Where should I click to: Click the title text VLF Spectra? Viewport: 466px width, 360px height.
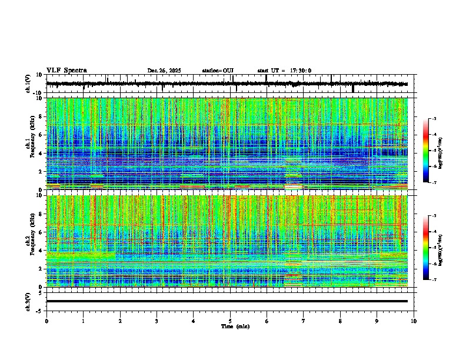[66, 71]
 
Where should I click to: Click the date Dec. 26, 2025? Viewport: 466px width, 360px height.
[164, 71]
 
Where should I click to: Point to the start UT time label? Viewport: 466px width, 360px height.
[284, 71]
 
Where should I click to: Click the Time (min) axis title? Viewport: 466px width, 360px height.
[235, 326]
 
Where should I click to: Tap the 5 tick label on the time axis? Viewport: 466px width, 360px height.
[230, 321]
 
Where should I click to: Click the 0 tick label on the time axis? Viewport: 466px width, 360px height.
[46, 321]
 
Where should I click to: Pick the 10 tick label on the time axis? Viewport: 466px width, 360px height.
[414, 321]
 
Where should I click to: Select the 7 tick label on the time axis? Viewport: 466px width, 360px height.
[304, 321]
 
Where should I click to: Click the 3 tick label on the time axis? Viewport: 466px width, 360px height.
[157, 321]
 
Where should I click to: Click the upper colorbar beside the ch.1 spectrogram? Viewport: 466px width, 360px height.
[425, 150]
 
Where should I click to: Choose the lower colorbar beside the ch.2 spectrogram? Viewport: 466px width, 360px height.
[425, 248]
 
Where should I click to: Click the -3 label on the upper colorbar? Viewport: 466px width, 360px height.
[434, 119]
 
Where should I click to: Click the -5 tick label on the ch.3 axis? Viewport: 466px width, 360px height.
[40, 310]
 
